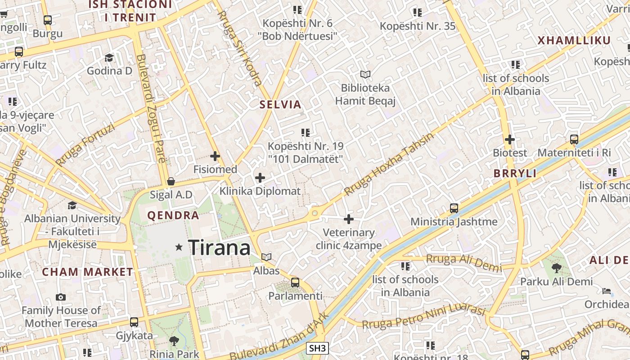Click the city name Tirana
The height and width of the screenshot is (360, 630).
(219, 248)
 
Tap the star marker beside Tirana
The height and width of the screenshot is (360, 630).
(179, 247)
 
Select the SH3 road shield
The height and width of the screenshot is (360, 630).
(317, 348)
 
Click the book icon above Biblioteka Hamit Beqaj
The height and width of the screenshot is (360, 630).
(365, 74)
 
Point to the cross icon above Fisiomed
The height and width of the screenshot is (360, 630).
(215, 156)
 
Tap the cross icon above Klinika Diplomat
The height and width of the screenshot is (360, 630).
(260, 178)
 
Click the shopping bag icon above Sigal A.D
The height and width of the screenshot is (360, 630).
(171, 181)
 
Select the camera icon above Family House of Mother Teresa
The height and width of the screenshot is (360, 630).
(60, 297)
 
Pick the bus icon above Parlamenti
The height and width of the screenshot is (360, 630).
(295, 283)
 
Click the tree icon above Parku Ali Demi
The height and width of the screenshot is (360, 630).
(556, 268)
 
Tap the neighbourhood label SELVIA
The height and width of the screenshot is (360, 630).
(280, 105)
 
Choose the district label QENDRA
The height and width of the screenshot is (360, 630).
(173, 216)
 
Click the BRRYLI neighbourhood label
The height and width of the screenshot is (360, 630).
(515, 174)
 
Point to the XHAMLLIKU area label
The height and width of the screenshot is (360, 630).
(574, 40)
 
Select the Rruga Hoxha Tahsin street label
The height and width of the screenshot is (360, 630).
(389, 164)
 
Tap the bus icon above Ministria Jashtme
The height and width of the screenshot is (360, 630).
(454, 208)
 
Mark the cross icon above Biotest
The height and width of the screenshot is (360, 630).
(509, 139)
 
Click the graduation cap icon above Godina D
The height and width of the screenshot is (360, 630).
(109, 58)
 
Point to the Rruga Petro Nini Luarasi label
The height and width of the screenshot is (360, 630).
(423, 318)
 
